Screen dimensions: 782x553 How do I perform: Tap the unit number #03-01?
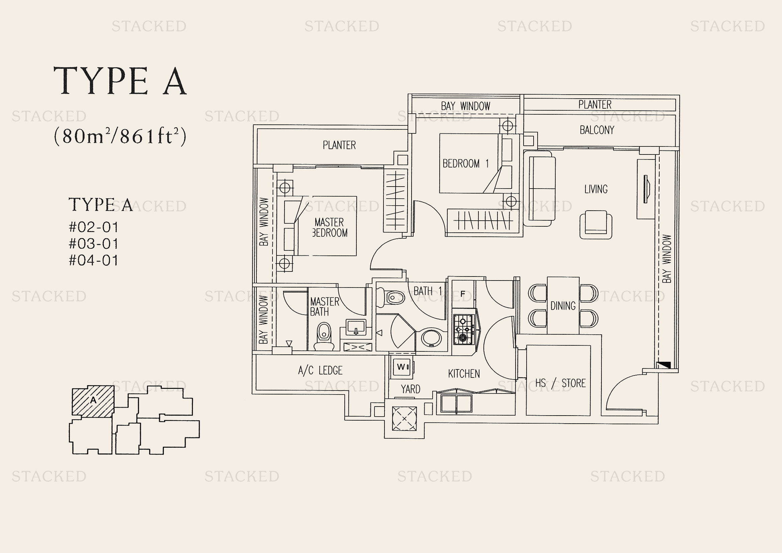[x=94, y=243]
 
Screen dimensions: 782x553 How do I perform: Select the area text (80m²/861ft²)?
[x=120, y=136]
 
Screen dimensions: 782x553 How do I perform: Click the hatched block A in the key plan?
[x=93, y=401]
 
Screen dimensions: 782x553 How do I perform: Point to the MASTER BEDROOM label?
[x=330, y=227]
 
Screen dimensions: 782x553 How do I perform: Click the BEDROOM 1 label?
[x=466, y=163]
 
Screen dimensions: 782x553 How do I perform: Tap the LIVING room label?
[x=596, y=189]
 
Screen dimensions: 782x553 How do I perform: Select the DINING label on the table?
[x=563, y=306]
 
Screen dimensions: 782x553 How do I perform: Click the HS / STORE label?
[x=560, y=383]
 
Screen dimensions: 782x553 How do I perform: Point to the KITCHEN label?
[x=464, y=374]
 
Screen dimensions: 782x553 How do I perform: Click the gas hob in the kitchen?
[x=463, y=329]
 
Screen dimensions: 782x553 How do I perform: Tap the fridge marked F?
[x=463, y=294]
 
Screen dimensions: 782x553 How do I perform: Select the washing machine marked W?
[x=402, y=367]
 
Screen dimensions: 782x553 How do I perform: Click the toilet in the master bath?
[x=324, y=336]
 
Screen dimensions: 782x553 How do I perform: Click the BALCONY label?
[x=597, y=130]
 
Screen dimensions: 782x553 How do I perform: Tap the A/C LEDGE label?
[x=320, y=370]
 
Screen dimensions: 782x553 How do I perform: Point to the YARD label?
[x=411, y=389]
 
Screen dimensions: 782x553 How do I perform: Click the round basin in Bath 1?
[x=431, y=337]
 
